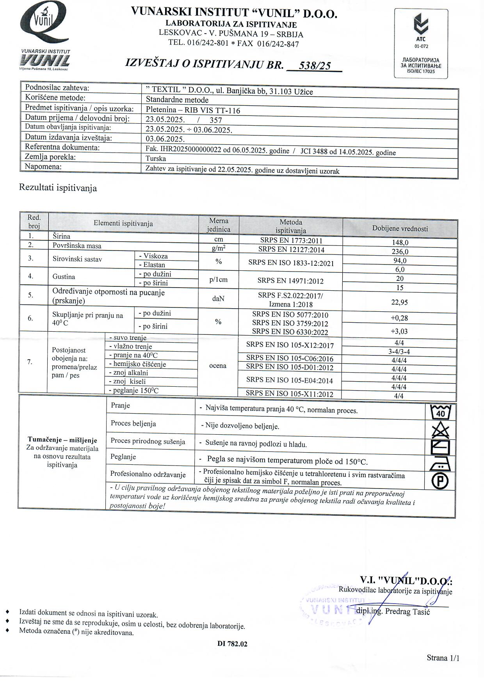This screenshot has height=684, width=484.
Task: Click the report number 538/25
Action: click(314, 66)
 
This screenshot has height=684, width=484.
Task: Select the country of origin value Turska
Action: click(156, 158)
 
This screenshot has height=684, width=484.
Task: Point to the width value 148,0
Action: click(400, 242)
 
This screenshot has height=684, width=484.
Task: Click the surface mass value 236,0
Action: click(400, 252)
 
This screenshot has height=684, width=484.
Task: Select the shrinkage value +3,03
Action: click(399, 331)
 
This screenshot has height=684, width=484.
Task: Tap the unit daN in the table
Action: click(218, 299)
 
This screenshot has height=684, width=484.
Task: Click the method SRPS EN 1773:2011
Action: click(291, 241)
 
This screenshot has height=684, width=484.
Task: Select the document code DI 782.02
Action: click(232, 644)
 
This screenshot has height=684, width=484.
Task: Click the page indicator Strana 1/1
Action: click(443, 658)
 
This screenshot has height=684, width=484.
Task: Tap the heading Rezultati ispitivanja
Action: click(58, 188)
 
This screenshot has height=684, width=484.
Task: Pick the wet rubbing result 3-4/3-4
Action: click(399, 352)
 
